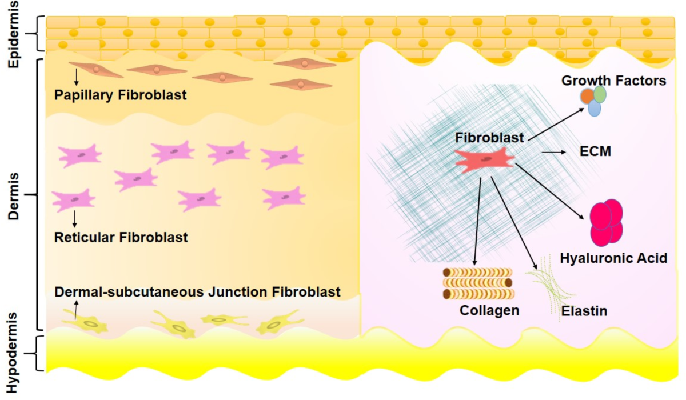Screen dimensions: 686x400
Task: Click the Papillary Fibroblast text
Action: (x=121, y=95)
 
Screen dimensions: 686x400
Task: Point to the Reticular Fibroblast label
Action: (x=121, y=237)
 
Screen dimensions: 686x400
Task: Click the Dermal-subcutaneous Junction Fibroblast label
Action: (x=197, y=292)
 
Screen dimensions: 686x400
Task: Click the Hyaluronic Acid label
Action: (x=613, y=258)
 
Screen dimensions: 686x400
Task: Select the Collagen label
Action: (x=489, y=310)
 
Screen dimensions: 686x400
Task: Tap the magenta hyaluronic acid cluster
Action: (x=606, y=222)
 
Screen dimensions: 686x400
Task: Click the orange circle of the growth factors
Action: (x=587, y=96)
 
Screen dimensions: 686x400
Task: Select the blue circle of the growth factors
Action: (x=595, y=108)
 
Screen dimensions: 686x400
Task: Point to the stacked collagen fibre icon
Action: (x=478, y=283)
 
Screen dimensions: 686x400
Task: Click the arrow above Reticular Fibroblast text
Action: (x=74, y=218)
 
